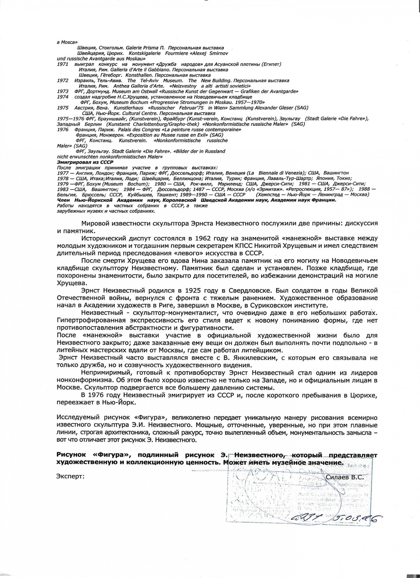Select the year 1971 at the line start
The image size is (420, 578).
click(x=62, y=64)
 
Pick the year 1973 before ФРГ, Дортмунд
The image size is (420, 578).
click(x=63, y=92)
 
